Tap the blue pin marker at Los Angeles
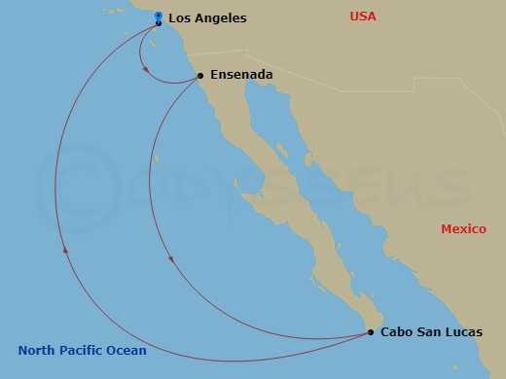(x=159, y=17)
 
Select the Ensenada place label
(x=240, y=74)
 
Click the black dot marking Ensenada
(x=199, y=75)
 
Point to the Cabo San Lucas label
(x=431, y=331)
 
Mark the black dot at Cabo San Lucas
(x=372, y=332)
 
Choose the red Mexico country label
(x=463, y=229)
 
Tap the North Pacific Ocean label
(x=82, y=351)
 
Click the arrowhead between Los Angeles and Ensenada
(x=145, y=69)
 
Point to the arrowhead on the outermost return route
(x=65, y=250)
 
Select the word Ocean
(x=127, y=351)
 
